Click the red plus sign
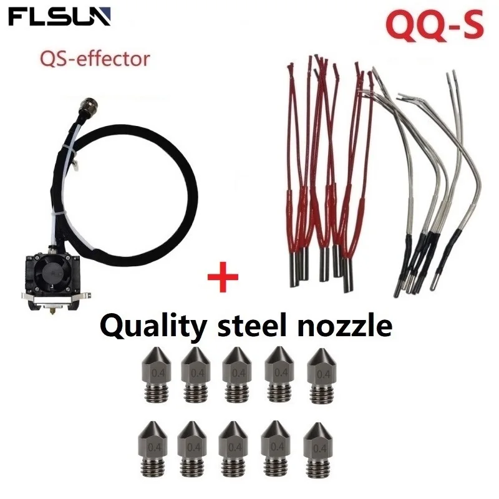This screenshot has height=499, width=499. pos(223,275)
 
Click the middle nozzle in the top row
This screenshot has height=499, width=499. pos(238,374)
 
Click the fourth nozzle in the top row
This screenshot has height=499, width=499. pos(280,374)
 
